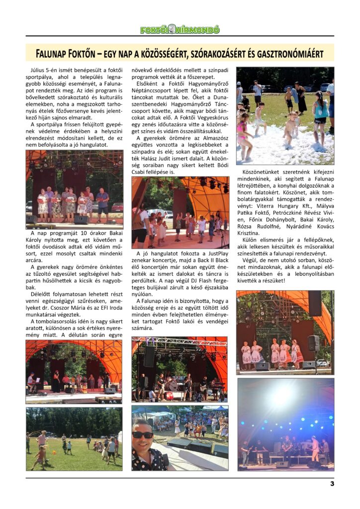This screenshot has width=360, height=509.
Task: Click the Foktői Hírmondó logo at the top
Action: click(x=180, y=30)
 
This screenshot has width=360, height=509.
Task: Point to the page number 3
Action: click(x=332, y=483)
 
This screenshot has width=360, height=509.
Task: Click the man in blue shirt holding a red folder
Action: click(x=103, y=199)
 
